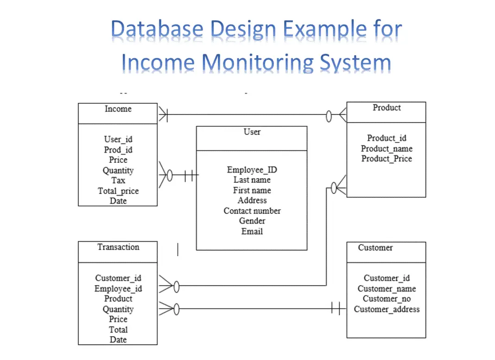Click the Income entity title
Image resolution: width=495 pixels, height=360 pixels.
tap(118, 109)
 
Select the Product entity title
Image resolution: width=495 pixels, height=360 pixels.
tap(387, 108)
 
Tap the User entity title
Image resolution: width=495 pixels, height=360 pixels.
tap(252, 132)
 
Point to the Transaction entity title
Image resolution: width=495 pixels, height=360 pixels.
tap(118, 247)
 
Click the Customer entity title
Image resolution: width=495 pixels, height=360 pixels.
tap(375, 248)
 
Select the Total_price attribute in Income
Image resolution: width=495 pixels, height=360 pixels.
tap(118, 191)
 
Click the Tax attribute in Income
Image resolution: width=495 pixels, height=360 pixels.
tap(118, 180)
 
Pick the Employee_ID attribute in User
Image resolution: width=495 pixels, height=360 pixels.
tap(252, 170)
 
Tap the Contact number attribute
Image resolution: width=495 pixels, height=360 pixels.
tap(252, 211)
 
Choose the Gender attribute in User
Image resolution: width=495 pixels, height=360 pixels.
tap(252, 221)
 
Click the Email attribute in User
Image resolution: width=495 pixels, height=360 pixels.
tap(252, 231)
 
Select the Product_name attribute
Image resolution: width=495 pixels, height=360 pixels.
tap(387, 148)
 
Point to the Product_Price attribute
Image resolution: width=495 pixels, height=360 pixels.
tap(387, 159)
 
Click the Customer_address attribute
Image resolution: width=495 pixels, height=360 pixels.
tap(387, 309)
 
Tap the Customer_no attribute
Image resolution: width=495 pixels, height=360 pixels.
tap(387, 299)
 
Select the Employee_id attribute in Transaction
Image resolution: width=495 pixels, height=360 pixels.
tap(118, 289)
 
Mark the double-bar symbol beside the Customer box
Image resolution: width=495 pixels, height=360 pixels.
tap(338, 308)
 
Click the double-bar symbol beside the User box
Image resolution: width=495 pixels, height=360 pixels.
tap(189, 176)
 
